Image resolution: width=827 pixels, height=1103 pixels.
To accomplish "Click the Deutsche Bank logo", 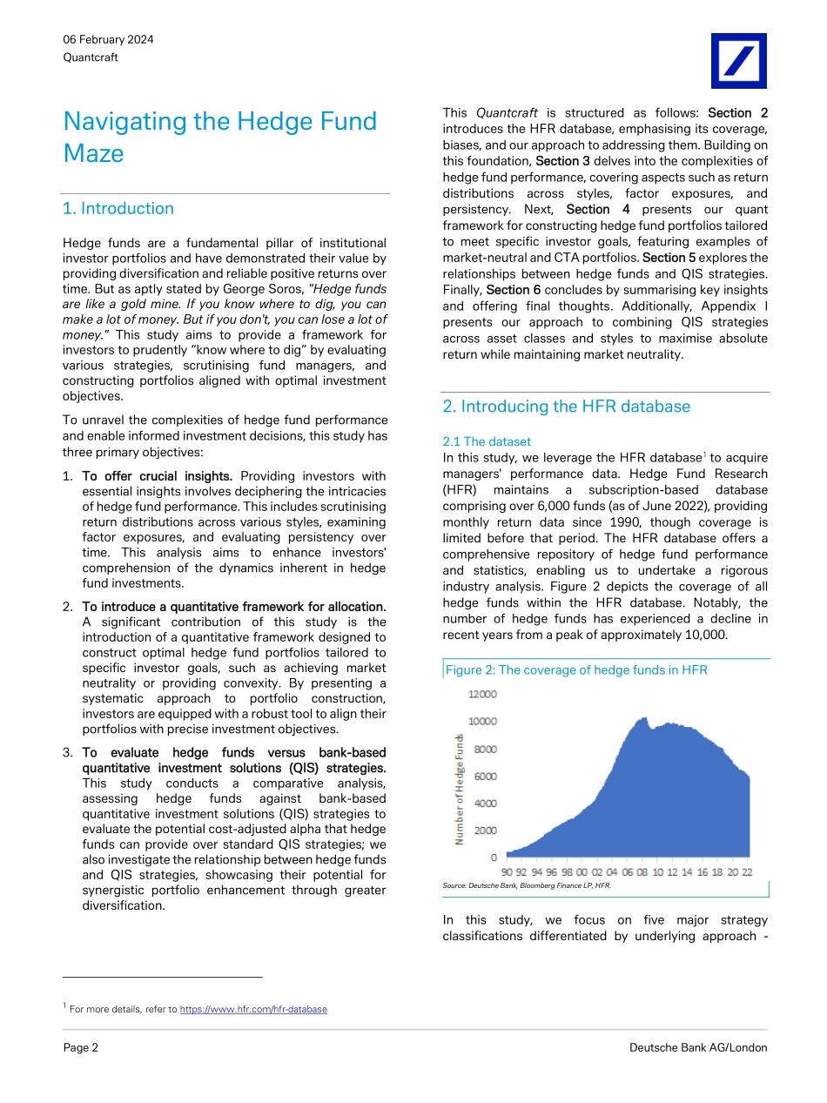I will (738, 61).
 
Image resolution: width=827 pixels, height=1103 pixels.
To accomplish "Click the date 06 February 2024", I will (108, 40).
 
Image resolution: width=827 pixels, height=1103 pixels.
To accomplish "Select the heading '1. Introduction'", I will (118, 208).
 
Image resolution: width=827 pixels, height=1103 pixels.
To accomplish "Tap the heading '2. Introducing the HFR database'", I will (566, 407).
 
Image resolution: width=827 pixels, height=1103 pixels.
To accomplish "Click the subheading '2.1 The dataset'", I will (487, 441).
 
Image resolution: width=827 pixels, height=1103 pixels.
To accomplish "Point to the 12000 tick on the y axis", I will (483, 695).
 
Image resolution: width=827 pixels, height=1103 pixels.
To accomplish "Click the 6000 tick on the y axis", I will (485, 777).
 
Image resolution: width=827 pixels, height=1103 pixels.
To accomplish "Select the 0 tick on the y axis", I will (494, 858).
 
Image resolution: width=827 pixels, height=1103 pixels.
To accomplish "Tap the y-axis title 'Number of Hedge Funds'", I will (459, 789).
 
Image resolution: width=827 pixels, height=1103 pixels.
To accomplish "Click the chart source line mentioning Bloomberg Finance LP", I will (527, 885).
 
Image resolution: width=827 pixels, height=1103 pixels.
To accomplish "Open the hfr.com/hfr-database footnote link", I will (253, 1009).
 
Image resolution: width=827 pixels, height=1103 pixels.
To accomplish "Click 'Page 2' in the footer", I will (81, 1047).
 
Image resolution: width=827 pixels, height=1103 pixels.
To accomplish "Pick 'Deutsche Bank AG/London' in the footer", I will (698, 1047).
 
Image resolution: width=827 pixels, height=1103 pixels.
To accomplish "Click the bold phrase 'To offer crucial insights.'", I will (157, 476).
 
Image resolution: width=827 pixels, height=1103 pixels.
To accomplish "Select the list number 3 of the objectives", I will (67, 752).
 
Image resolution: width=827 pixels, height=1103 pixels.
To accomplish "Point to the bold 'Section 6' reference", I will (514, 289).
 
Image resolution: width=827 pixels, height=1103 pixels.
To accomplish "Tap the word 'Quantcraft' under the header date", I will (91, 57).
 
